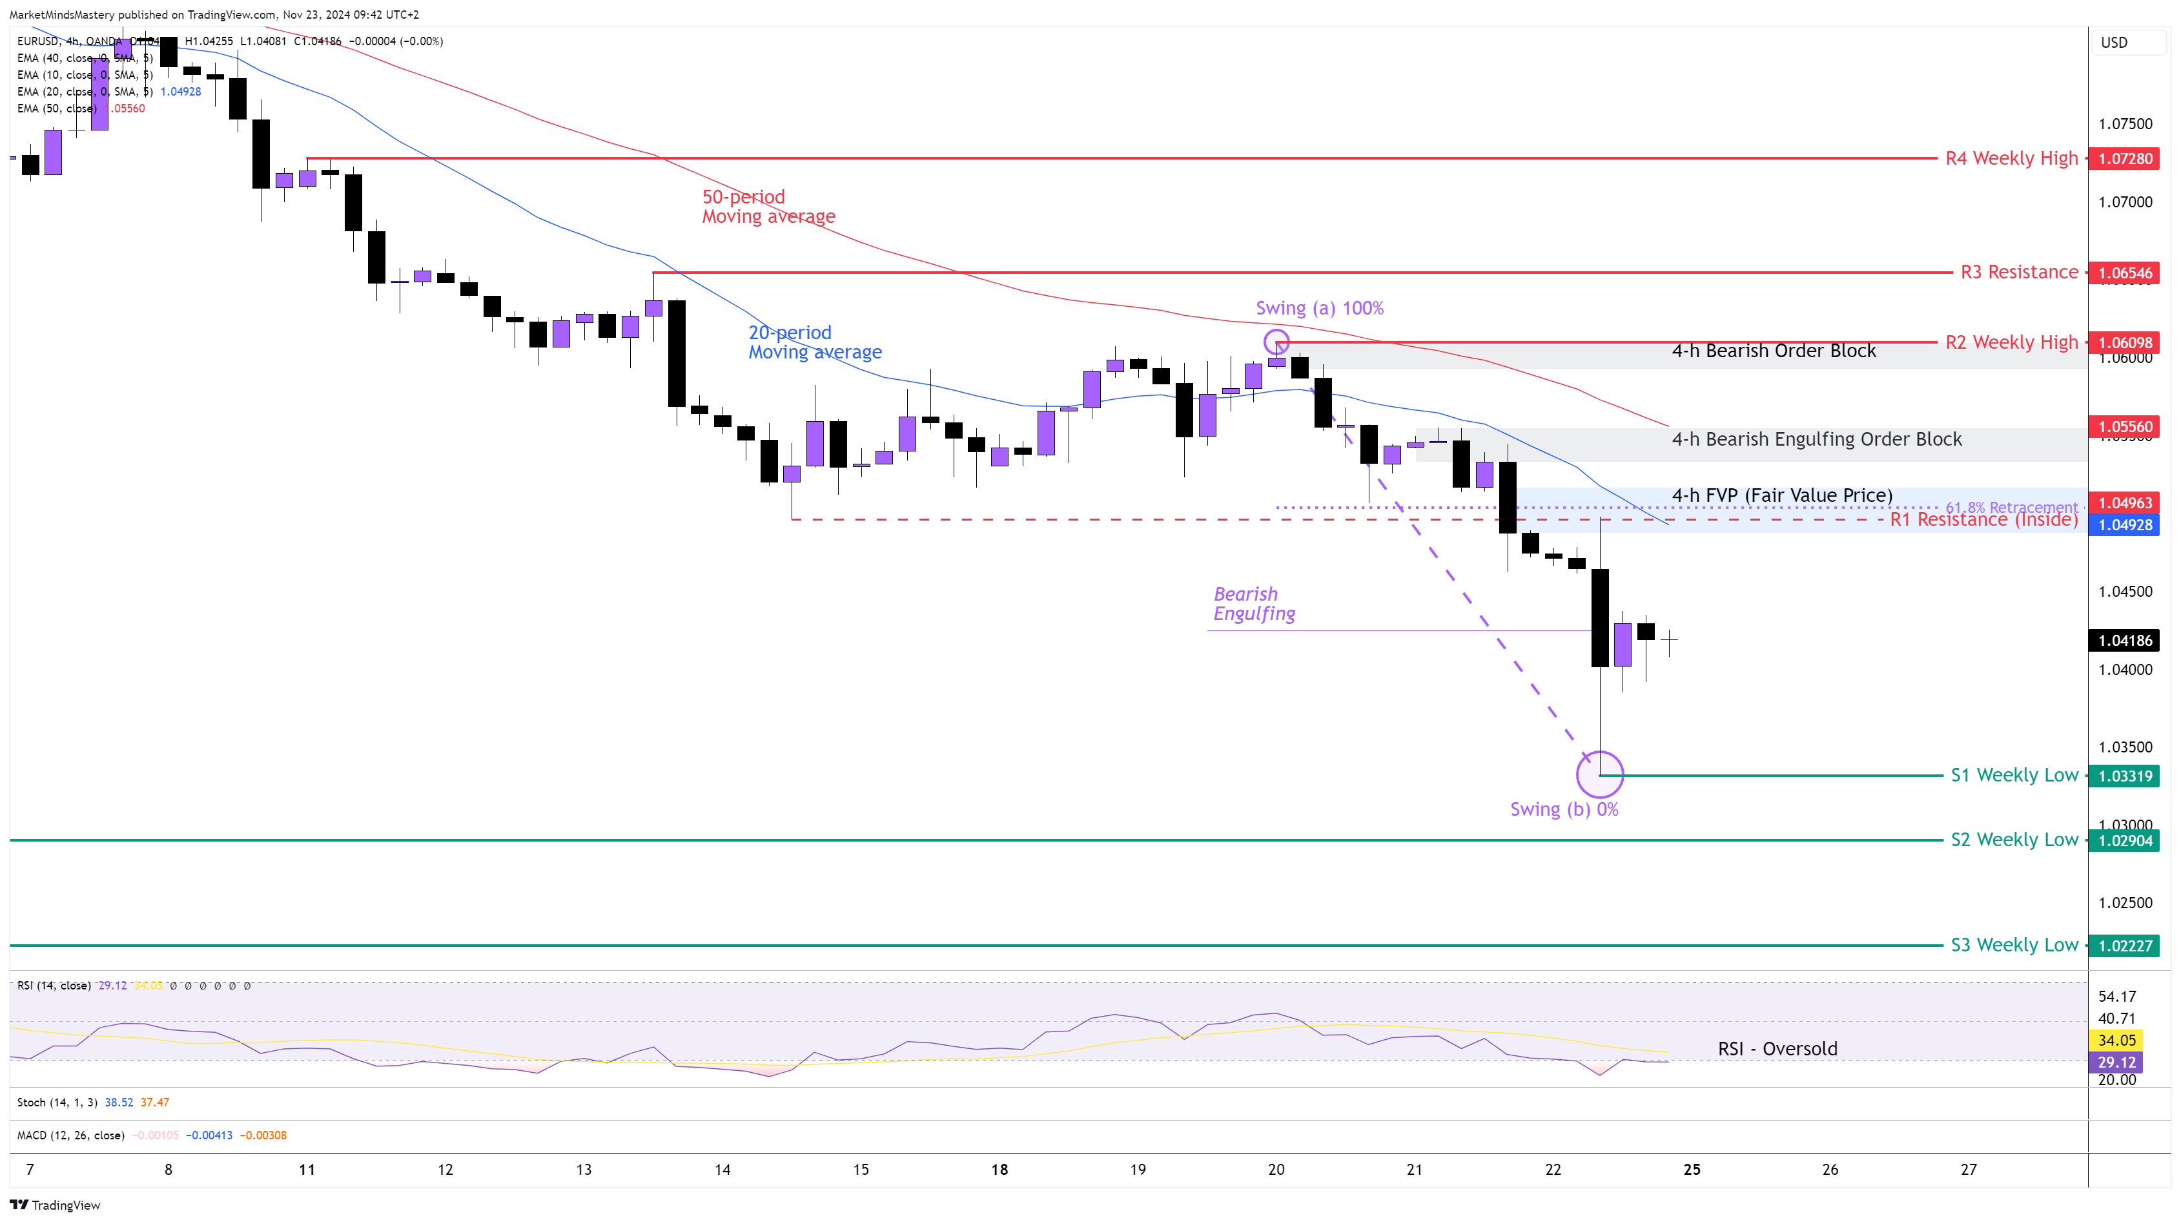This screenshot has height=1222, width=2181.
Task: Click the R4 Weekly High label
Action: (x=2011, y=158)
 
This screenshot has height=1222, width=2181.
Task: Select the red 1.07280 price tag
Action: (x=2124, y=159)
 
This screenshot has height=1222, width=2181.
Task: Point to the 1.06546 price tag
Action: (x=2124, y=273)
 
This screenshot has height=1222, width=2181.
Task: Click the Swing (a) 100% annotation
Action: (x=1319, y=308)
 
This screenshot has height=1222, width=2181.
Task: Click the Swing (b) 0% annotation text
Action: (x=1564, y=809)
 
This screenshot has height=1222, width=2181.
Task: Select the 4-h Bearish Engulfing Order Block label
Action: (x=1816, y=439)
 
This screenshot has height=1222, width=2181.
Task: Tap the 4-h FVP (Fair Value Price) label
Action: (x=1781, y=495)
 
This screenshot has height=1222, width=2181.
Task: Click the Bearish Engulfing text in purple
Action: (x=1254, y=604)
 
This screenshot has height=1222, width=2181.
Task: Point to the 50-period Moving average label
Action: (x=768, y=207)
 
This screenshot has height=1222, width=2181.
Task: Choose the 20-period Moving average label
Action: (x=815, y=342)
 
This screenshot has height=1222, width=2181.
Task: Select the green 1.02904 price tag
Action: (x=2124, y=841)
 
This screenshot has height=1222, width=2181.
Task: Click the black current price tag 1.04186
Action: (x=2124, y=640)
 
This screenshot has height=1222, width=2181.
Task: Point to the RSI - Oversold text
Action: (x=1777, y=1048)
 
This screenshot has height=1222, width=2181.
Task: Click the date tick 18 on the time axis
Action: (x=999, y=1170)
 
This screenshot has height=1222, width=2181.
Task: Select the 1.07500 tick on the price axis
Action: (x=2124, y=123)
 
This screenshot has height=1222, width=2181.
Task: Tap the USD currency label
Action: (x=2113, y=43)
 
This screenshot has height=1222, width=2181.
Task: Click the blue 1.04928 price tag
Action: (x=2124, y=525)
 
